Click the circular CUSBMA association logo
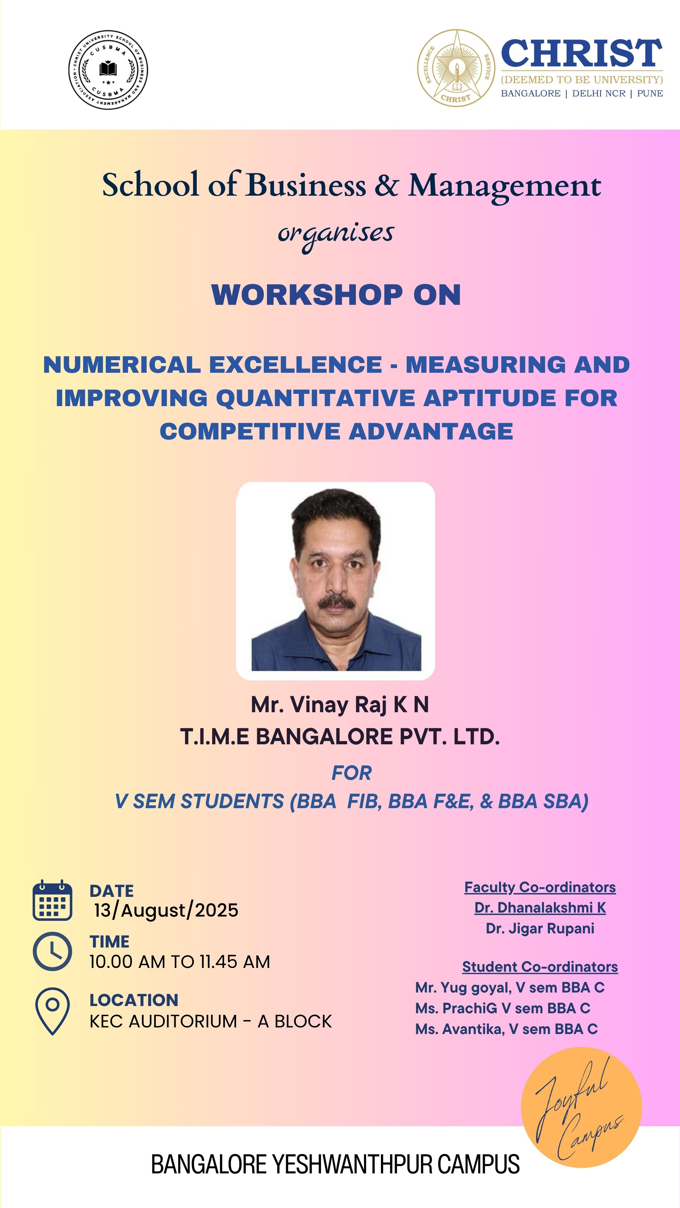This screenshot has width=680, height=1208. (x=108, y=70)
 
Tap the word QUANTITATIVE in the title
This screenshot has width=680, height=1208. (x=315, y=398)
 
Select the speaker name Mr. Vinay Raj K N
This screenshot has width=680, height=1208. (x=340, y=704)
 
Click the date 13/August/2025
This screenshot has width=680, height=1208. (x=166, y=910)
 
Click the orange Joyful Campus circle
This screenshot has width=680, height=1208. (x=581, y=1107)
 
